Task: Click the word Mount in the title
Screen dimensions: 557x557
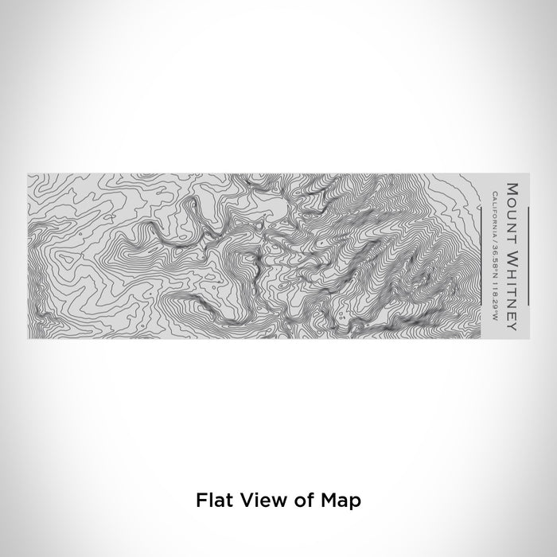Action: pos(512,205)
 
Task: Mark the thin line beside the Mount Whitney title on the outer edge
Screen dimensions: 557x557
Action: pos(528,254)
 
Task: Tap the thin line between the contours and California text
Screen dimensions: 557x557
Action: pos(482,254)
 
